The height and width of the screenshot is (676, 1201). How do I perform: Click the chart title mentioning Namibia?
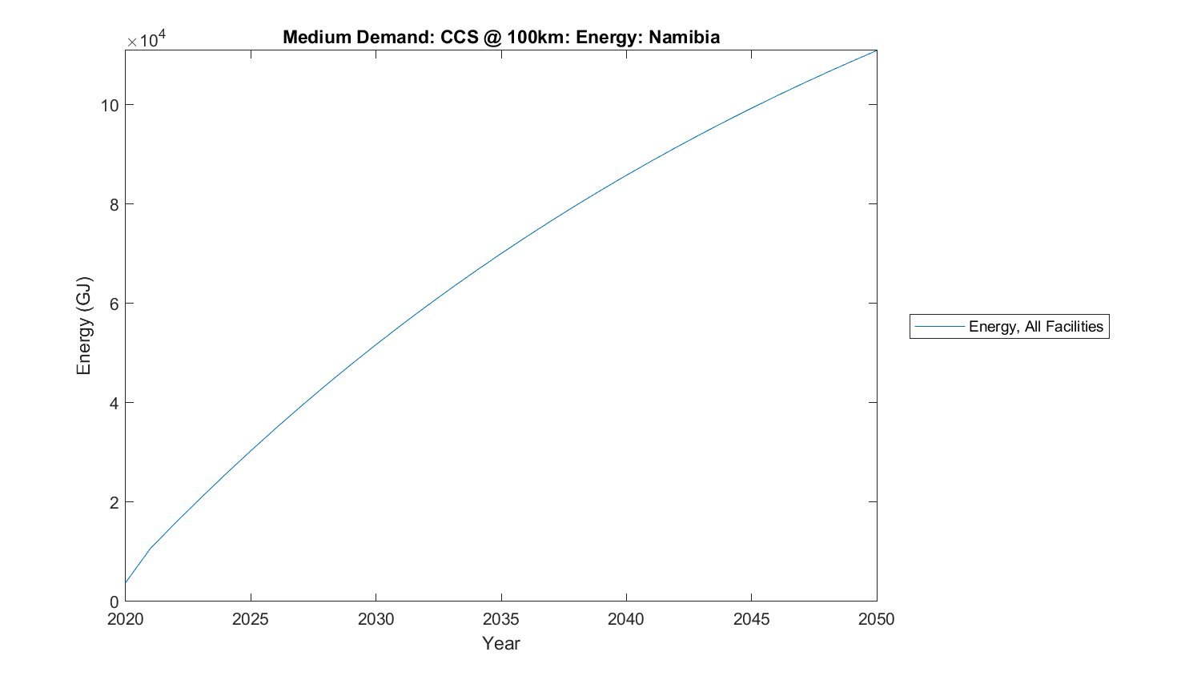coord(500,37)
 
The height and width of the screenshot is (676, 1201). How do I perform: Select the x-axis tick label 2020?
coord(126,619)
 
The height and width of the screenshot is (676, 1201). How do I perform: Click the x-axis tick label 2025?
coord(251,619)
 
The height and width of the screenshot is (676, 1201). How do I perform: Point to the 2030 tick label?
coord(376,619)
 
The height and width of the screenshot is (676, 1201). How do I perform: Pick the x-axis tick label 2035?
coord(501,619)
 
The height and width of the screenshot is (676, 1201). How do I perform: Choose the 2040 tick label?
coord(626,619)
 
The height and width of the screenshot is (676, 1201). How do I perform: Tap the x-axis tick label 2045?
coord(751,619)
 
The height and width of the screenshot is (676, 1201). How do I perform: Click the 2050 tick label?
coord(877,619)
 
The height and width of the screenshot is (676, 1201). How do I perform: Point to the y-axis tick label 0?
coord(114,602)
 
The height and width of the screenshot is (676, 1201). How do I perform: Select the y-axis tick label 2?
coord(114,502)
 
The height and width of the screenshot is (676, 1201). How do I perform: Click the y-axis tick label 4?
coord(114,403)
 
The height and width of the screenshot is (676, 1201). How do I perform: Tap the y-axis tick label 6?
coord(114,304)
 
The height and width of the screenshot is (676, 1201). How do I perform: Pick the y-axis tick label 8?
coord(114,204)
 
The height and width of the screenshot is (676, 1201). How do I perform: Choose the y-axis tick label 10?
coord(110,105)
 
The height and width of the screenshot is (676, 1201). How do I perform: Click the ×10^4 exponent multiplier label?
coord(147,38)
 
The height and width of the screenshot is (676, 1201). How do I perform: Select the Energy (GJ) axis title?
coord(84,325)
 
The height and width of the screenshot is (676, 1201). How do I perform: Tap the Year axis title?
coord(501,643)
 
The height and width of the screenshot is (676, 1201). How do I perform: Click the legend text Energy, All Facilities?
coord(1035,326)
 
